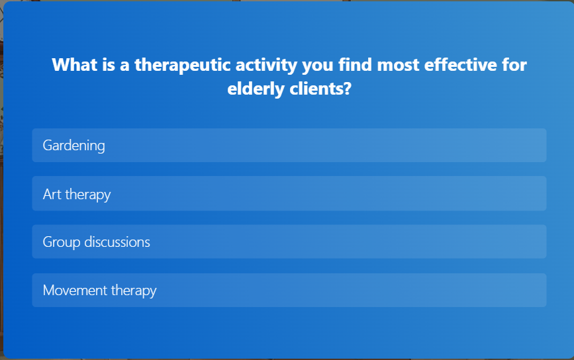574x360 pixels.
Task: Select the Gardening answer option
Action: point(289,145)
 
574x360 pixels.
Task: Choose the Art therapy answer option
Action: point(289,193)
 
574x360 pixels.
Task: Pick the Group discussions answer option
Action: point(289,242)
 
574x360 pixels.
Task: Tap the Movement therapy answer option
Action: point(289,290)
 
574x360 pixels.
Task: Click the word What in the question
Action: point(75,65)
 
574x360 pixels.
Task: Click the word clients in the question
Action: point(316,89)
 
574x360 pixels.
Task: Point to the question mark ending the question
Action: point(348,89)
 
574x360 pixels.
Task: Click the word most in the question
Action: point(398,65)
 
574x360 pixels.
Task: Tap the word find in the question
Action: point(355,65)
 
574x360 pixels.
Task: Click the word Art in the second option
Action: point(52,195)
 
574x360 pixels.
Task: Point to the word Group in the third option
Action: point(61,243)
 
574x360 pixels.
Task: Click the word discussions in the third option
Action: point(117,242)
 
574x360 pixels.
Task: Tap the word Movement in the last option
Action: point(75,291)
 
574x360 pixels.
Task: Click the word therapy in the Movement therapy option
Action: point(134,291)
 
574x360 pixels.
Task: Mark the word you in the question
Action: point(317,66)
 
